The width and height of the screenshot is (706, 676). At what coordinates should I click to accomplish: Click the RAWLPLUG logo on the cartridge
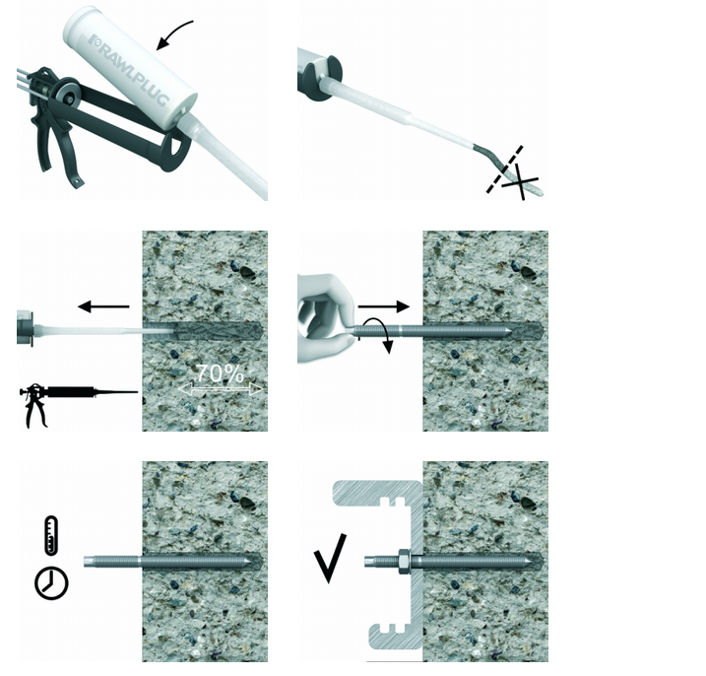click(129, 69)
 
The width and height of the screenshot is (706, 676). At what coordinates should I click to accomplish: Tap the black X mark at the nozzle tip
click(521, 181)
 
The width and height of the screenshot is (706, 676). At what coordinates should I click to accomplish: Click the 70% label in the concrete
click(221, 373)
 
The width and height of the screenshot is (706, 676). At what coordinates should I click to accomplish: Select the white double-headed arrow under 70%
click(221, 389)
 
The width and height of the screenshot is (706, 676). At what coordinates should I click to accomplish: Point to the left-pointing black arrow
click(103, 306)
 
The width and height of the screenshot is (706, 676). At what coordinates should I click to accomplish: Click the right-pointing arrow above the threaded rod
click(384, 306)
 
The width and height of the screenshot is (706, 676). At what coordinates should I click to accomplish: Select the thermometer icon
click(51, 535)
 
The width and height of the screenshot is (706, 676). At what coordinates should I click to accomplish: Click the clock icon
click(51, 583)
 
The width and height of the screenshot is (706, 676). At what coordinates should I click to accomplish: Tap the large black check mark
click(330, 558)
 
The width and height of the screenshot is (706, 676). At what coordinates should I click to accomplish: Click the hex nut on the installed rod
click(404, 562)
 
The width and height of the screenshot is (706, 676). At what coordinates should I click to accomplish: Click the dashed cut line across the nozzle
click(504, 169)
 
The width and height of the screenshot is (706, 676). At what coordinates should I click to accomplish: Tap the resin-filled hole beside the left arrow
click(218, 331)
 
